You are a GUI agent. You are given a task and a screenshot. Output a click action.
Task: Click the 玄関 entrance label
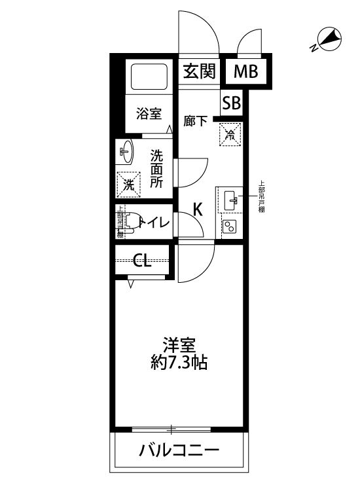click(x=199, y=71)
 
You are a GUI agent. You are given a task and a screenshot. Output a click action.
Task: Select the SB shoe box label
click(x=232, y=103)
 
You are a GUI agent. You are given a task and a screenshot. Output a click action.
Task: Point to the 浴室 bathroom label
click(x=149, y=114)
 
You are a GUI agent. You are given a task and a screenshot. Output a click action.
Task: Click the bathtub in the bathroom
click(x=151, y=77)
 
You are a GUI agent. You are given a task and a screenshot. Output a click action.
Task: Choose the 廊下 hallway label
click(x=196, y=121)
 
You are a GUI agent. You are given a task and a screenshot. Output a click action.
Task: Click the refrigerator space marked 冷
click(x=230, y=135)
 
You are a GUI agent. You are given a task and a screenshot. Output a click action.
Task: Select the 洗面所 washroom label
click(x=157, y=169)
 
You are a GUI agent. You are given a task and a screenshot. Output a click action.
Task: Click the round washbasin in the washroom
click(x=126, y=153)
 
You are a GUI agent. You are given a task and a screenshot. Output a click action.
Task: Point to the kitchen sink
click(x=230, y=200)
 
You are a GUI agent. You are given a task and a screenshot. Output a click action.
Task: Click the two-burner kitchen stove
click(x=230, y=227)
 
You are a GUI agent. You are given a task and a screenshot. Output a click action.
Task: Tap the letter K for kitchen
click(x=197, y=209)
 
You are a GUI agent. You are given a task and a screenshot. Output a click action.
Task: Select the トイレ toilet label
click(x=154, y=223)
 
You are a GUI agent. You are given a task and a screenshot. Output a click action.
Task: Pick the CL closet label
click(x=143, y=261)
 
